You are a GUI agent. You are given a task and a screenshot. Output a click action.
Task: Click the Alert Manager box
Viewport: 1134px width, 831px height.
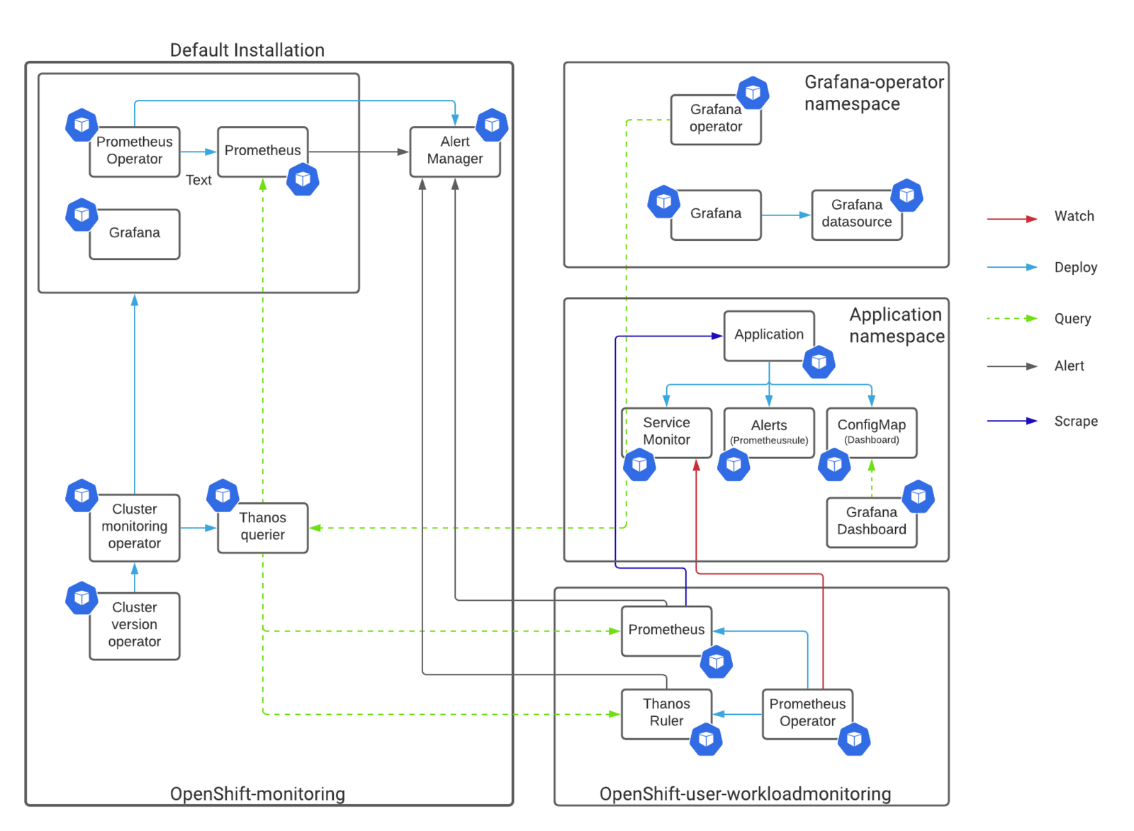(454, 152)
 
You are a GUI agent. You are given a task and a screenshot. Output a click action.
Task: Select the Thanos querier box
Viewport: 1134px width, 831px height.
(263, 527)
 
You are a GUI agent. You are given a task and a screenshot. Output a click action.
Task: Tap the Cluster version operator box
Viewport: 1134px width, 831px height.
(135, 626)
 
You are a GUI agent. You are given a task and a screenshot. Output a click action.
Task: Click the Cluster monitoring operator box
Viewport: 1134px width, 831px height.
(135, 527)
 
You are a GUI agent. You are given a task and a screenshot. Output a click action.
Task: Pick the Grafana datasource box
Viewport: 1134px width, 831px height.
(857, 215)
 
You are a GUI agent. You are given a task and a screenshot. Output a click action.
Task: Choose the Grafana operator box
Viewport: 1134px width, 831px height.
(716, 120)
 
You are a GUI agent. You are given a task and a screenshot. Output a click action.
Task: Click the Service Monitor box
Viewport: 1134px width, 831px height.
(666, 433)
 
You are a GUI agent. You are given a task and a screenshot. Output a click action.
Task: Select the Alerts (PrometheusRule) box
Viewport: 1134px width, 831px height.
(769, 433)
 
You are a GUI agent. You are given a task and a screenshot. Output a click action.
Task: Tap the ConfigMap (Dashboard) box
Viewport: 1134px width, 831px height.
(871, 433)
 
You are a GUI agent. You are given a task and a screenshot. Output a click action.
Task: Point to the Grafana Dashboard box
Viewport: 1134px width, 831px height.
(871, 522)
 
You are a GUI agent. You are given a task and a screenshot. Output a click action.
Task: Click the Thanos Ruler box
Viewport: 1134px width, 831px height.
(666, 713)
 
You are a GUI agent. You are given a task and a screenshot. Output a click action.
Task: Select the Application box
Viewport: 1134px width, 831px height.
(769, 336)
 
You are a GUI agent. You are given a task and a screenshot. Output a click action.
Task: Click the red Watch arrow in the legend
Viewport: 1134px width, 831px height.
(1012, 219)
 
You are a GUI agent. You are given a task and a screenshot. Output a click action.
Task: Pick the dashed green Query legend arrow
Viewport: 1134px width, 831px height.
(1012, 318)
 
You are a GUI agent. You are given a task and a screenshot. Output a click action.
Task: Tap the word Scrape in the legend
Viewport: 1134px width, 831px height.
(1076, 421)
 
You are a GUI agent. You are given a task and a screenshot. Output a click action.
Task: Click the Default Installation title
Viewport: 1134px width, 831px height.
(247, 50)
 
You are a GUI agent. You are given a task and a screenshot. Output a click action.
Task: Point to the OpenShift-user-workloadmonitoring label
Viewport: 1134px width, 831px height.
(745, 793)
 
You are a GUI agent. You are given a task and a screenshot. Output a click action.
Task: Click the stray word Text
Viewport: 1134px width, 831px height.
(198, 180)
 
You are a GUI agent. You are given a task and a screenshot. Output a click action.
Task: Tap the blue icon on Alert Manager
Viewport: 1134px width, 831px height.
(492, 125)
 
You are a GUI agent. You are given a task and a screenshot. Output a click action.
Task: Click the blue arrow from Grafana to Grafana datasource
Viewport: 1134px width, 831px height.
(786, 215)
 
